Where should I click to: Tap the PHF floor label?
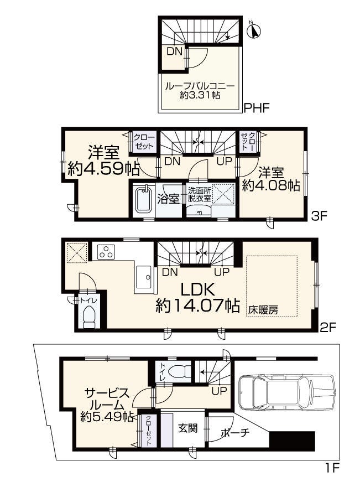257,108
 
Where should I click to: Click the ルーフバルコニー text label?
200,86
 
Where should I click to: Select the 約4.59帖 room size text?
103,169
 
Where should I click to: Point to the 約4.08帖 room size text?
271,186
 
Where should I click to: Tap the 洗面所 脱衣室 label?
199,194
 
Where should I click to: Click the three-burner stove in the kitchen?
107,252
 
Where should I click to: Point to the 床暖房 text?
263,310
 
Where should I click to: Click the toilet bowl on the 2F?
89,317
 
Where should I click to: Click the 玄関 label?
188,428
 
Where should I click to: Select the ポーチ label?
235,433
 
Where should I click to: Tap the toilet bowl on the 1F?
180,371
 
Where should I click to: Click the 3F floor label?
319,216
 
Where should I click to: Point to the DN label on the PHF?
174,51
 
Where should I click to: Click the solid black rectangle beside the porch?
293,441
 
